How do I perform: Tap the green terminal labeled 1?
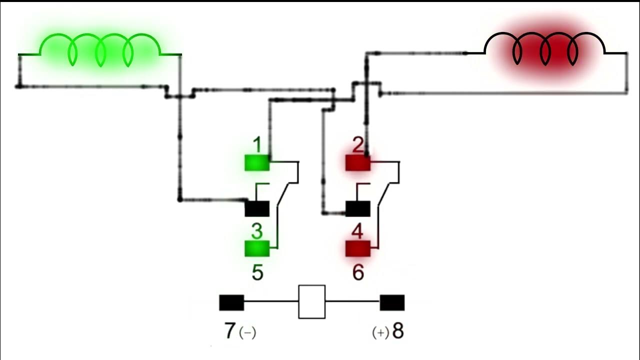click(257, 163)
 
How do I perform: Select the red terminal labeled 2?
click(358, 163)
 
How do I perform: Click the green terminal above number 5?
click(257, 248)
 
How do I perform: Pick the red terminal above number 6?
click(358, 248)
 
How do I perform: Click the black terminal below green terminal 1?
click(257, 208)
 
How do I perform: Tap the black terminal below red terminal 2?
click(358, 208)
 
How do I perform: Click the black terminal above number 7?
click(231, 302)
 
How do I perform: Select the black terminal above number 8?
click(392, 302)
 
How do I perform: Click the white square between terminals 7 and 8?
click(312, 301)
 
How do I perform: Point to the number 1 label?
click(257, 145)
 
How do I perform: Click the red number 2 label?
click(358, 145)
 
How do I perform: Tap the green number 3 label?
click(256, 231)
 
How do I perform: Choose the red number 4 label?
click(357, 231)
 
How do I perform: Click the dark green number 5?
click(257, 272)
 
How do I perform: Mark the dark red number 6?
click(358, 272)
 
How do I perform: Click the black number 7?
click(229, 331)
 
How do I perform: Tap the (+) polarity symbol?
click(380, 332)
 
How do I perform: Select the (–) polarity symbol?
click(247, 332)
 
